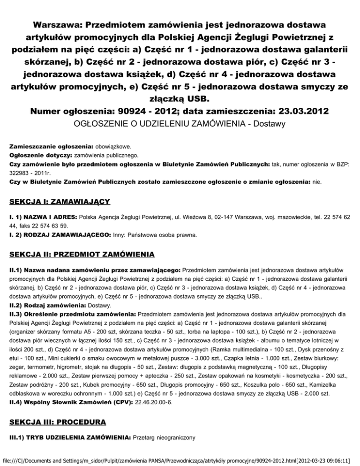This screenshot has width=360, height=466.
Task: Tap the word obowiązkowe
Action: tap(120, 146)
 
